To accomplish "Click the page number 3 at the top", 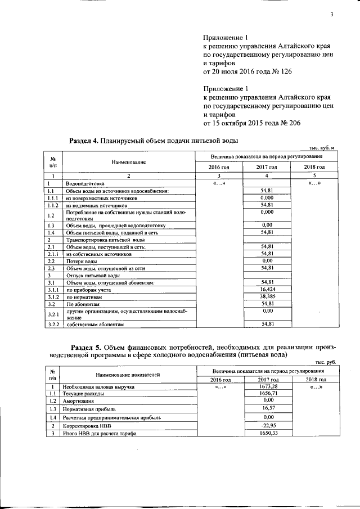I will (332, 14).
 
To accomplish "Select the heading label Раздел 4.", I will (83, 140).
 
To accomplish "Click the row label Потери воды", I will (81, 261).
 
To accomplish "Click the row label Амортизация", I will (79, 400).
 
